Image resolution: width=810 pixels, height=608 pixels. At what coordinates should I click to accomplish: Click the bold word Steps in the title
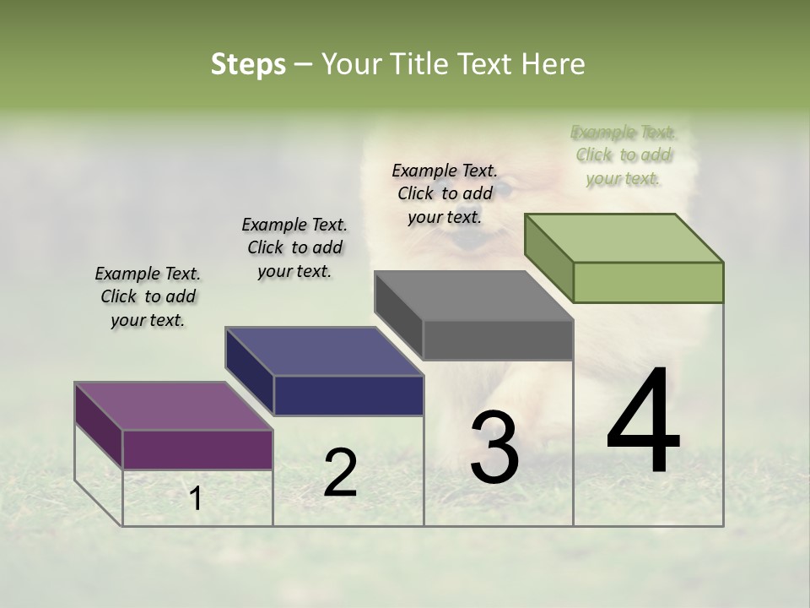point(248,64)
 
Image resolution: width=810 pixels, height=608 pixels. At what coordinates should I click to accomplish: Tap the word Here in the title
point(553,64)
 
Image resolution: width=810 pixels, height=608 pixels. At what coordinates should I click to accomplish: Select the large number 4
point(643,422)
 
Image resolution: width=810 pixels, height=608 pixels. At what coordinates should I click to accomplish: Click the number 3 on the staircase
point(494,448)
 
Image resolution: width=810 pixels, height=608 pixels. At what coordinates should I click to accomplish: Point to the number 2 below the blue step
point(340,473)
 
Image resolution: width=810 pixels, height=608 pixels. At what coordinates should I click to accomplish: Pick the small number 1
point(196,499)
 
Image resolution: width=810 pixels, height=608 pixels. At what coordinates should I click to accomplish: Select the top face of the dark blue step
point(324,351)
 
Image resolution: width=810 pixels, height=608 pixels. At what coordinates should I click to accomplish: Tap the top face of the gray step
point(473,296)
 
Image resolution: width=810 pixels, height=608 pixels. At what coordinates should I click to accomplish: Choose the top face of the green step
point(624,238)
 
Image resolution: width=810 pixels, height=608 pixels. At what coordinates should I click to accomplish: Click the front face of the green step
point(648,282)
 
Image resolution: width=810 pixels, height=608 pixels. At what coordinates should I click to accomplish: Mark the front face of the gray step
point(498,340)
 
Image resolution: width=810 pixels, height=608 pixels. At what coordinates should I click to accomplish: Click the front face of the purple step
point(197,449)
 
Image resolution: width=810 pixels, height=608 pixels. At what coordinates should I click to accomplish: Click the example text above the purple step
point(148,296)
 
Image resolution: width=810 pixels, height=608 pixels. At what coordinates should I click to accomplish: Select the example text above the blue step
point(294,247)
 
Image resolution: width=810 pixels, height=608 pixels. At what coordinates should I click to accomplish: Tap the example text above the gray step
point(445,193)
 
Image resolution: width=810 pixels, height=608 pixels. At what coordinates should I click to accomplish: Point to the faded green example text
point(624,155)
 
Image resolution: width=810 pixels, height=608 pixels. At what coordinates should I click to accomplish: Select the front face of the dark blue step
point(348,395)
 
